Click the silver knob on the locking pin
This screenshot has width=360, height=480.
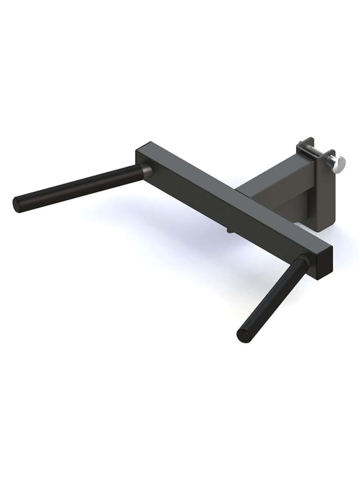[337, 164]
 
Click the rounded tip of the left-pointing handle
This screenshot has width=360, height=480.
[17, 204]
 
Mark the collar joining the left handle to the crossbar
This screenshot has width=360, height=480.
[146, 171]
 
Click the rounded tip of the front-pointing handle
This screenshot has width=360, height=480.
[244, 336]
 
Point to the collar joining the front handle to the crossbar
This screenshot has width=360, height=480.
[303, 262]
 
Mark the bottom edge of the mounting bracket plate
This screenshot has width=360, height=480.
[325, 230]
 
